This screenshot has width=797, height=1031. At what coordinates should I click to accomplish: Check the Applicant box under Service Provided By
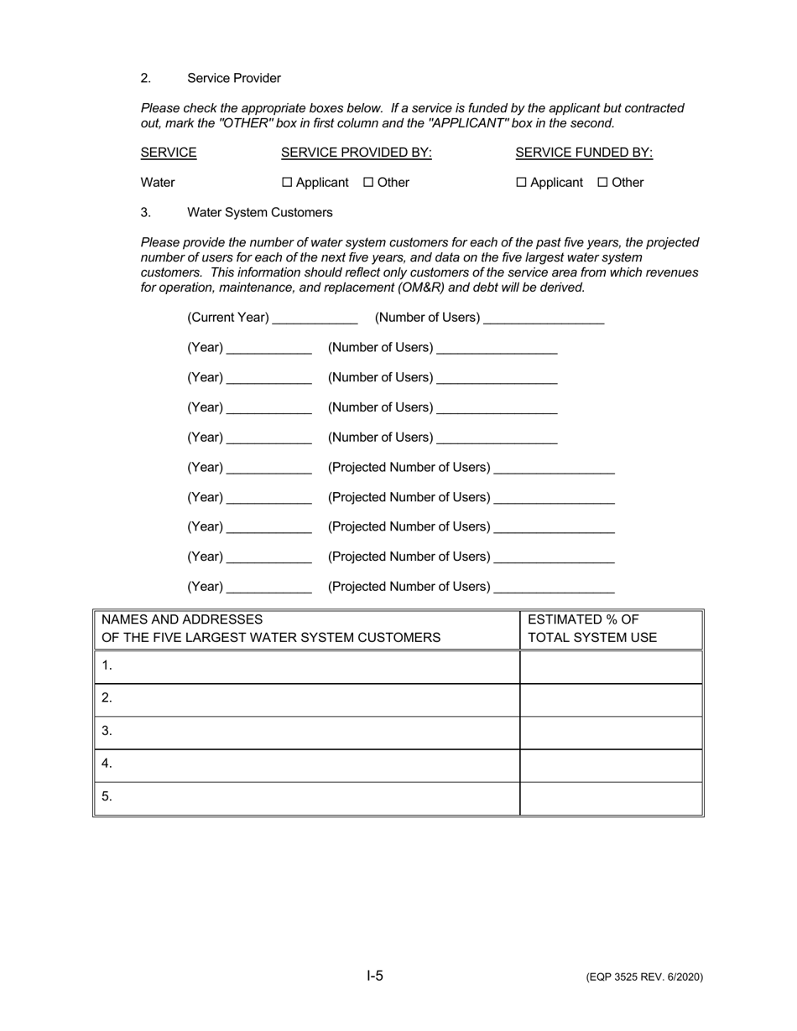tap(287, 183)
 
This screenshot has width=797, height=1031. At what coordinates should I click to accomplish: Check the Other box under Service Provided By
tap(368, 183)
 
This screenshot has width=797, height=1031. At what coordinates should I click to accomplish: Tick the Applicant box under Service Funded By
tap(521, 183)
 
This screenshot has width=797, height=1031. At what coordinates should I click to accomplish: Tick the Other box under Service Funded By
tap(602, 183)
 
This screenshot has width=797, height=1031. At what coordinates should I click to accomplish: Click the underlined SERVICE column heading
tap(169, 153)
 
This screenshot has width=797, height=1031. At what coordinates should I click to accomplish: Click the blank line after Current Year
tap(315, 319)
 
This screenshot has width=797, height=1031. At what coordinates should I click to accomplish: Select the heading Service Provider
tap(233, 78)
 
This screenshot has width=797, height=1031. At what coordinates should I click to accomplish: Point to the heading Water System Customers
tap(259, 213)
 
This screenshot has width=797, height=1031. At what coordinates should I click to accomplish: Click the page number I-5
tap(375, 976)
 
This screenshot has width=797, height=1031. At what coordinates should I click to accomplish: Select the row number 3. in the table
tap(107, 731)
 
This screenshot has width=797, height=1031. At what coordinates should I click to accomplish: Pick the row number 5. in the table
tap(107, 796)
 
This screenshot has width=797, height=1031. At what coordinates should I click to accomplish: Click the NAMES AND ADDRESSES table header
tap(270, 629)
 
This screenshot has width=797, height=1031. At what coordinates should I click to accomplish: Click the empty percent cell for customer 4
tap(610, 764)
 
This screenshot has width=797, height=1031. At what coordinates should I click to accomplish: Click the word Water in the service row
tap(158, 183)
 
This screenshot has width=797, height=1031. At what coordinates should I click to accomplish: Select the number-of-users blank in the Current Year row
tap(544, 319)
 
